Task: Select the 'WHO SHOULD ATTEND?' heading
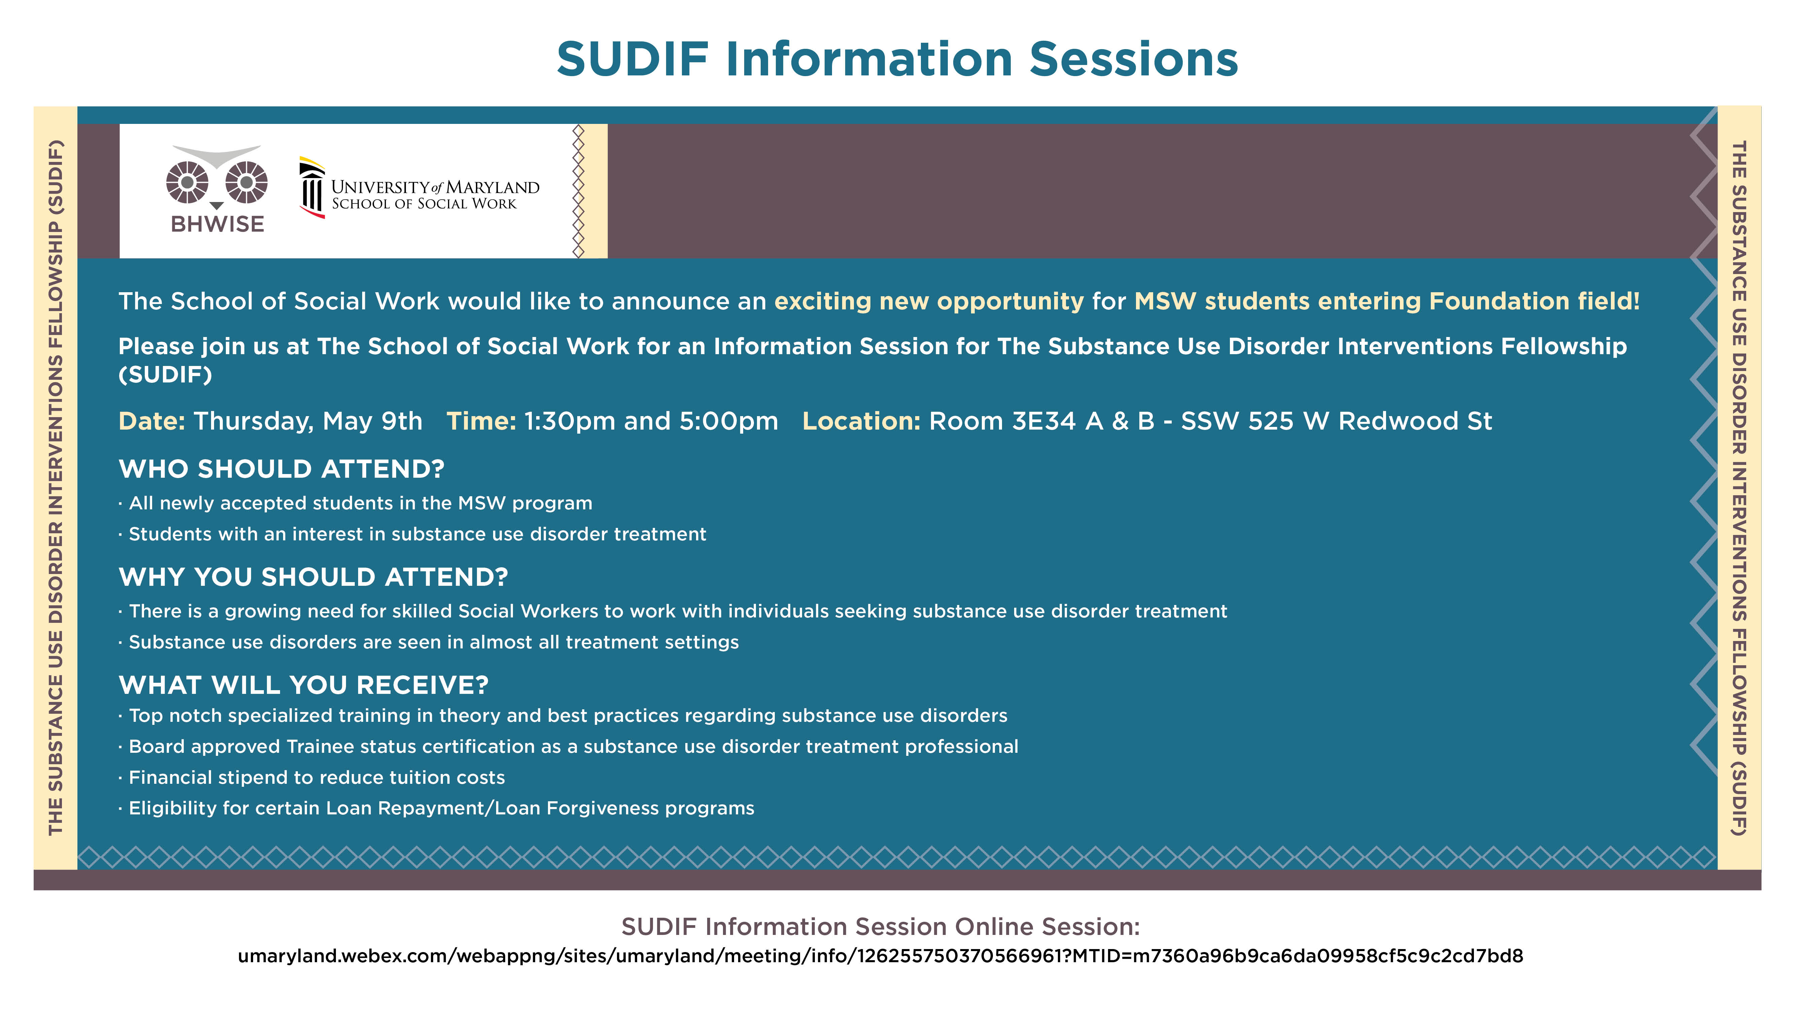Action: pos(281,469)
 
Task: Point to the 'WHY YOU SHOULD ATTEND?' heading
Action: pos(314,577)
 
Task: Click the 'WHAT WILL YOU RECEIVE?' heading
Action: pos(304,685)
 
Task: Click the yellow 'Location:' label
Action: pos(861,421)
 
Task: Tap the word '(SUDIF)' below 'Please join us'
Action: pos(165,375)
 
